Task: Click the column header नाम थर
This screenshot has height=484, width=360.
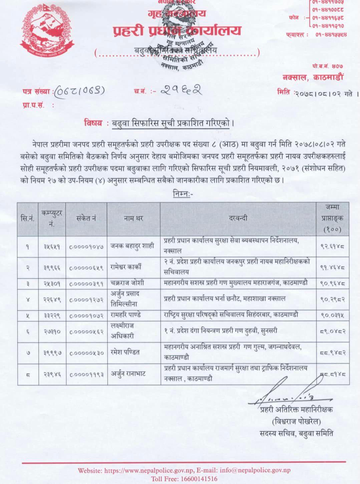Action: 133,219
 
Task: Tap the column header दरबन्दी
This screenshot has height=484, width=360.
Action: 238,219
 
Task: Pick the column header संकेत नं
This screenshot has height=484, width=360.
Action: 86,219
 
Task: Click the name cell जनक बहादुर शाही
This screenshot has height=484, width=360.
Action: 132,246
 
